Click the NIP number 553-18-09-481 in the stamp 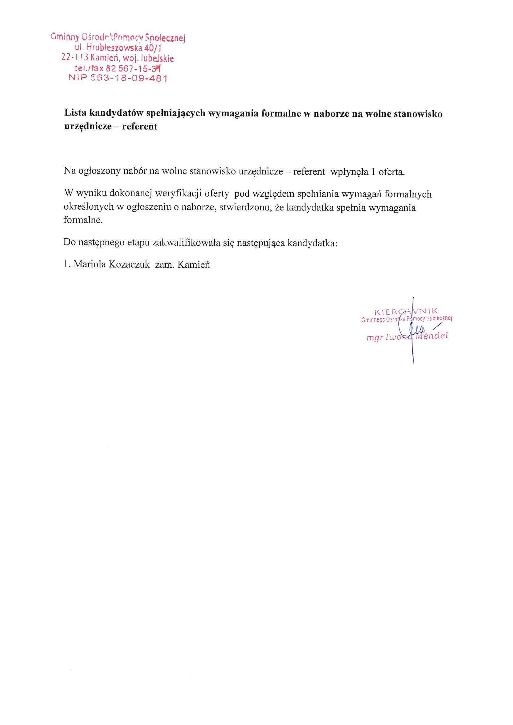click(x=129, y=78)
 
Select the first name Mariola click(x=90, y=264)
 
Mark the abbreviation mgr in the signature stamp click(x=373, y=338)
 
